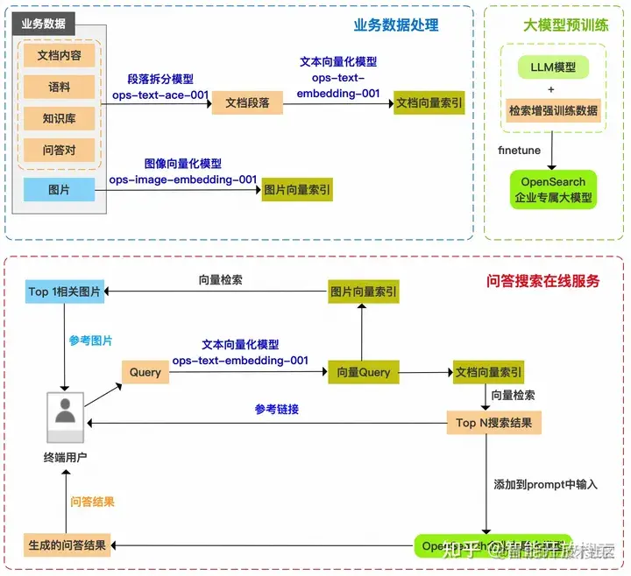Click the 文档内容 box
tap(60, 55)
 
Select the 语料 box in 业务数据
tap(60, 87)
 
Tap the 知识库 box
tap(60, 118)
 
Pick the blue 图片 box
tap(60, 189)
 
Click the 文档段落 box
tap(248, 102)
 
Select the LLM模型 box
tap(553, 67)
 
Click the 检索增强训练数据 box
tap(553, 110)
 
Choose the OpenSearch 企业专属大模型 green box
tap(553, 189)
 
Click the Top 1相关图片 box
tap(65, 292)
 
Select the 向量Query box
tap(364, 372)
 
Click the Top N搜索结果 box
tap(493, 423)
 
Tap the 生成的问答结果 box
tap(66, 544)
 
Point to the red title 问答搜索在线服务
tap(543, 281)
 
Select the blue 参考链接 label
tap(277, 409)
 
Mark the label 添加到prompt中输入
tap(545, 484)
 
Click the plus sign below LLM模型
tap(551, 88)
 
